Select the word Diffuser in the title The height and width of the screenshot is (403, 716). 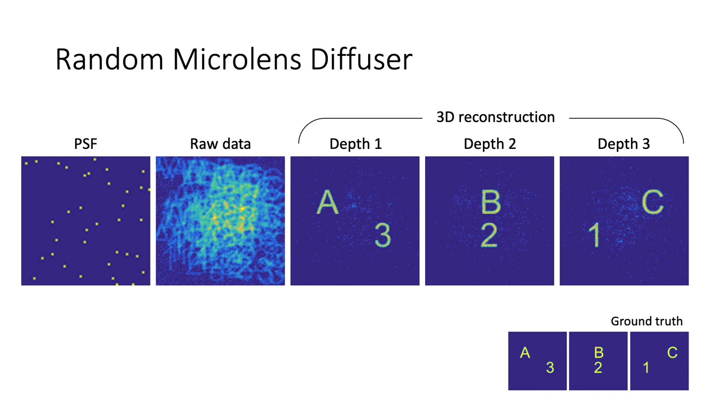pos(361,59)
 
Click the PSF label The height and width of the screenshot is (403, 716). pos(86,144)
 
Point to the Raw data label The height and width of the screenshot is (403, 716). pos(220,144)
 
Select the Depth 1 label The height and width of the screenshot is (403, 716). pos(355,144)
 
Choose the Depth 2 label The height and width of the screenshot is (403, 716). pos(489,144)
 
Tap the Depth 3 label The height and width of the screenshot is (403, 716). pos(624,144)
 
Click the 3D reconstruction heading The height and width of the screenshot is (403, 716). pos(495,117)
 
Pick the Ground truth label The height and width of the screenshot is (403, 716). pos(647,321)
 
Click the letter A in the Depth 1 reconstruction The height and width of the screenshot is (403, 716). pos(328,203)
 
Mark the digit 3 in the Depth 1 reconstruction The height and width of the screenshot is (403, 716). pos(383,235)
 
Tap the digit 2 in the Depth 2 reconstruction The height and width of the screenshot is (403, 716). pos(488,235)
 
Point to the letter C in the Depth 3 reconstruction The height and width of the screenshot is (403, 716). pos(652,203)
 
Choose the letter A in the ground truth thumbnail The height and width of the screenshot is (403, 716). pos(525,353)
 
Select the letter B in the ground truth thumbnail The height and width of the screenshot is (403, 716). pos(599,353)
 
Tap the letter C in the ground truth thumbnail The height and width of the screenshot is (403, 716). pos(672,353)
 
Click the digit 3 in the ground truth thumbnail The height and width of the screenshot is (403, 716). pos(550,368)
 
